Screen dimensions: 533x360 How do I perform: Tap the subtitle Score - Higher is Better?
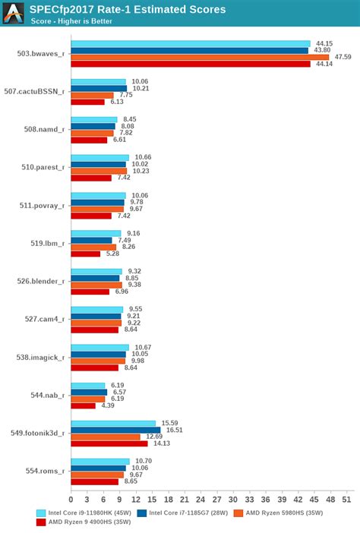(x=71, y=21)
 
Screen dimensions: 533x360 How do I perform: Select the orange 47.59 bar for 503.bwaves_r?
(x=200, y=57)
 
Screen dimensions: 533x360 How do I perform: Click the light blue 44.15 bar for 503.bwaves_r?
(x=191, y=43)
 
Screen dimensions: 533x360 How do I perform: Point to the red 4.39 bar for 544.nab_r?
(x=83, y=405)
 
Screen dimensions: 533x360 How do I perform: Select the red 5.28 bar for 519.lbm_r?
(x=85, y=254)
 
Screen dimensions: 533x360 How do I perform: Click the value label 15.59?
(x=168, y=423)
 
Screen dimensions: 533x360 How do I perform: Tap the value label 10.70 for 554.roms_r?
(x=142, y=461)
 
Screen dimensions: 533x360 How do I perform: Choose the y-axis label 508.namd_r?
(x=44, y=129)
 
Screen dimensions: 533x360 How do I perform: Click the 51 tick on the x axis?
(x=347, y=499)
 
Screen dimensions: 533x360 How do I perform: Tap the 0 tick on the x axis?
(x=71, y=499)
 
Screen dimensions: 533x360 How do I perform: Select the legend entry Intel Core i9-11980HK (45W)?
(x=85, y=512)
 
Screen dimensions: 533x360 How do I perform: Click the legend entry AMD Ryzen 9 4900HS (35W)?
(x=85, y=522)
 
